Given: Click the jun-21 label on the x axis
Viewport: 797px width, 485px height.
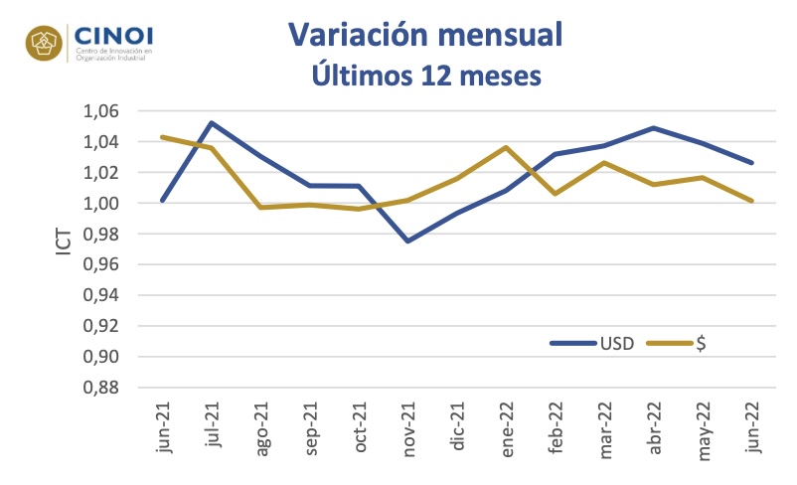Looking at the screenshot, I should [x=163, y=430].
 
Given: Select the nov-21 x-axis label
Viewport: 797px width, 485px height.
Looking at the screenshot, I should [x=408, y=429].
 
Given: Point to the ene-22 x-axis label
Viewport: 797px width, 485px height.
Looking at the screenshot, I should [x=506, y=429].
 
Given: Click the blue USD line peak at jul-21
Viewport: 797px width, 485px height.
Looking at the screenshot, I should [x=212, y=122].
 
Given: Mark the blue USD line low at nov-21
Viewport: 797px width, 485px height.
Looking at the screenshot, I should [x=408, y=241].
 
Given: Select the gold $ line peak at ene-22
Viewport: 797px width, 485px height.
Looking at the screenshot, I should [x=506, y=147].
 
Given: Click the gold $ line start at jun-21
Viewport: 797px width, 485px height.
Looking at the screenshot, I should [x=163, y=137].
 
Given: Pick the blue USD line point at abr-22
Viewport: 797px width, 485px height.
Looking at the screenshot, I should [x=653, y=127].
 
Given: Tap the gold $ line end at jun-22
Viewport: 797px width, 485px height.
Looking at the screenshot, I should [x=751, y=201].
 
